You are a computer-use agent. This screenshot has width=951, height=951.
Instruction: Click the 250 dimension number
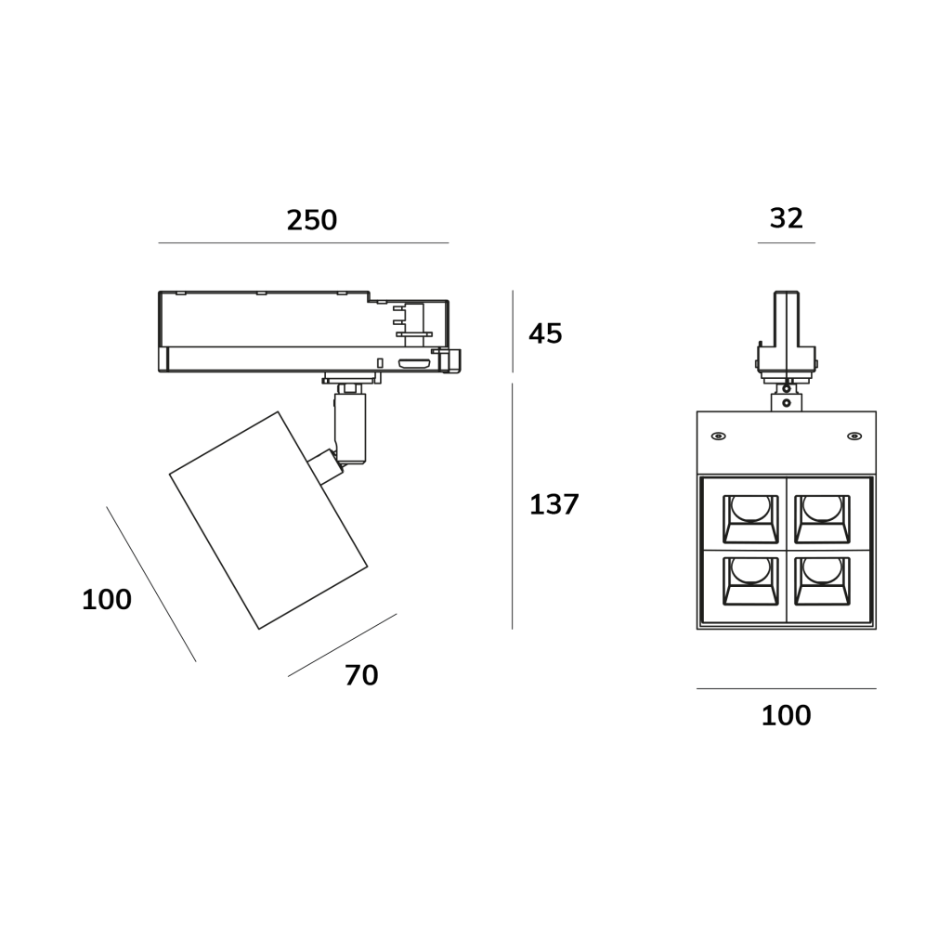[311, 220]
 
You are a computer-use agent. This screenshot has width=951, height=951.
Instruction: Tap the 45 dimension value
[545, 333]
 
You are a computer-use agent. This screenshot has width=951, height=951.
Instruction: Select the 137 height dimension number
[554, 504]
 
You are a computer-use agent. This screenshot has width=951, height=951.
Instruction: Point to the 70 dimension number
[361, 675]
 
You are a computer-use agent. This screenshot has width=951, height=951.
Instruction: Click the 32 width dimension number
[786, 218]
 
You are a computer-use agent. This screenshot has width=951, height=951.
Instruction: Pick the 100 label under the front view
[786, 715]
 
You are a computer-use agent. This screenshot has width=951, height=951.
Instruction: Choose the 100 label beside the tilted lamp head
[107, 600]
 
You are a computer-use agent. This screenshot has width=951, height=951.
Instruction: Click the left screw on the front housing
[718, 436]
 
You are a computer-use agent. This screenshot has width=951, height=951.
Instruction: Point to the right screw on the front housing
[853, 436]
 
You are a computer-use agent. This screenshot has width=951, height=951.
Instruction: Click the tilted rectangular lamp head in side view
[267, 520]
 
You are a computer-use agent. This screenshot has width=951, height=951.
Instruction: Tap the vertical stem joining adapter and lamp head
[350, 427]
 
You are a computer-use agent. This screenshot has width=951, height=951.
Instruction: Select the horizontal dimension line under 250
[303, 243]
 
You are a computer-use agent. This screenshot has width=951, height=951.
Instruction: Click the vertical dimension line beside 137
[513, 506]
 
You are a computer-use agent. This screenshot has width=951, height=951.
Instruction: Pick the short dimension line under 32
[786, 243]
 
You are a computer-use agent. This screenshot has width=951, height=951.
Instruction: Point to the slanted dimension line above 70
[342, 645]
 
